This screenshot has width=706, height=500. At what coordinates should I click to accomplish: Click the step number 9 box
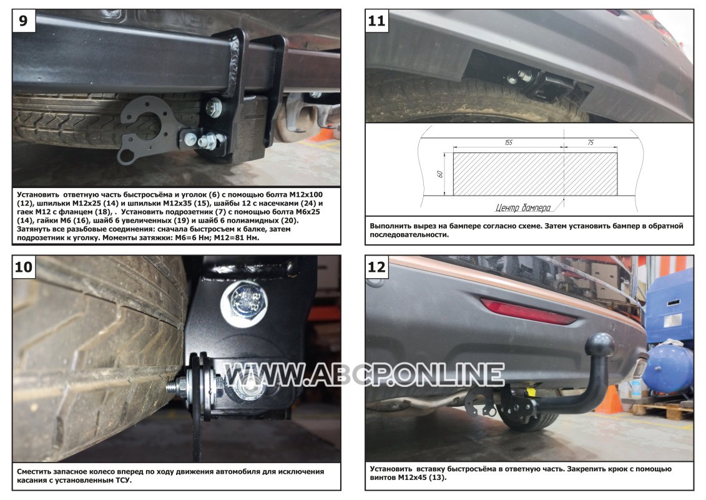23,21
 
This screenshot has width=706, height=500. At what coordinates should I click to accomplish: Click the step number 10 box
24,267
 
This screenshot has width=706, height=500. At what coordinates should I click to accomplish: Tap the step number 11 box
376,21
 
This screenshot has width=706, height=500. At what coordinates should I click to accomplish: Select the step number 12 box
376,267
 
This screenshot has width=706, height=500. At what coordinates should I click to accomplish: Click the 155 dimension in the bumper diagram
508,142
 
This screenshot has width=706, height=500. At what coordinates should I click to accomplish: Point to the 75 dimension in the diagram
591,142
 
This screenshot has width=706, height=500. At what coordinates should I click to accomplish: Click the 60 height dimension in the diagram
440,174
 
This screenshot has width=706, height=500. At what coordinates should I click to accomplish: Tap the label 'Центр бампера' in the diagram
522,207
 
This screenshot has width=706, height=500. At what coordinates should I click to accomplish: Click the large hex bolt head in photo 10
244,303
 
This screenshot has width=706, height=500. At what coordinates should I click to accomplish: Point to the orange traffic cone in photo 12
609,400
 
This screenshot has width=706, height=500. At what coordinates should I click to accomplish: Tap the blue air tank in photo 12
668,368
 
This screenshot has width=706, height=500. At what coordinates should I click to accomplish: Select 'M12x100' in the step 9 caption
306,195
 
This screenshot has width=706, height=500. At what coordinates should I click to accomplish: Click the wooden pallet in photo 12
662,411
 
